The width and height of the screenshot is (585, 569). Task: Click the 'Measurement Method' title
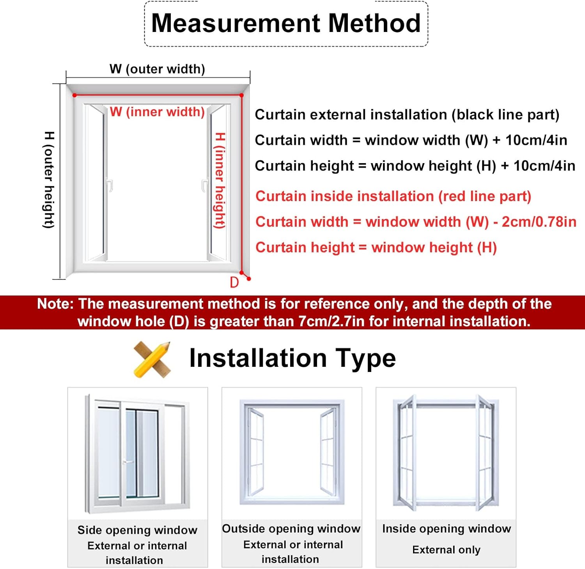pos(286,23)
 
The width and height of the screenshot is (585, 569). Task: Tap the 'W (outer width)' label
pos(157,69)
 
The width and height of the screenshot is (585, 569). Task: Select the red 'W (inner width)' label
pos(157,112)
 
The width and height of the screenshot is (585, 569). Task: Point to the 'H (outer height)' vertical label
pos(49,180)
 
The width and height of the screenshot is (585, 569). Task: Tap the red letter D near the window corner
pos(234,282)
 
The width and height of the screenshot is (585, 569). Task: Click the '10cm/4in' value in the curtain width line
pos(536,140)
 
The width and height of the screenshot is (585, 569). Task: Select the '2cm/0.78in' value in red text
pos(539,222)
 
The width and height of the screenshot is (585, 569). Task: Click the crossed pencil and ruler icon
pos(152,359)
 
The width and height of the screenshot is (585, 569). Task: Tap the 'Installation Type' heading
pos(292,358)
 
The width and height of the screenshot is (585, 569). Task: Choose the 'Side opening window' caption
pos(137,530)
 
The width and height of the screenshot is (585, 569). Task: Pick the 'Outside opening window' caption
pos(291,528)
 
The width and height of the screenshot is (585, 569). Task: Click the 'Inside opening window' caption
pos(447,528)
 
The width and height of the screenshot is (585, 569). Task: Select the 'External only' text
pos(447,549)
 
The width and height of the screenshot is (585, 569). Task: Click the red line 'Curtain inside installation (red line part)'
pos(393,196)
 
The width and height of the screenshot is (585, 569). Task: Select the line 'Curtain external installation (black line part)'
pos(407,115)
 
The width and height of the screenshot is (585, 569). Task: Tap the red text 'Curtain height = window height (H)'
pos(376,247)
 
